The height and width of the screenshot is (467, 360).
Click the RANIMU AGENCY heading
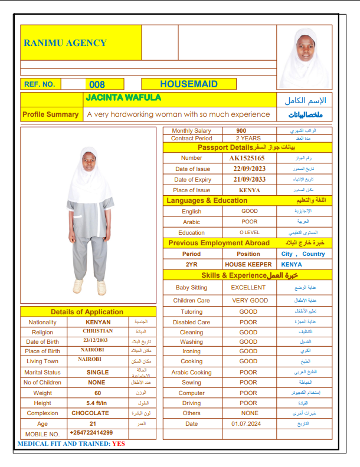65,42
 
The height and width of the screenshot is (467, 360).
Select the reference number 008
96,85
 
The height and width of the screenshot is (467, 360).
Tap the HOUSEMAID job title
188,84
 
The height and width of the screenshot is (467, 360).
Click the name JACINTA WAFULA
123,98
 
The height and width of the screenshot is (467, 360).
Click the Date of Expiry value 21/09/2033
249,179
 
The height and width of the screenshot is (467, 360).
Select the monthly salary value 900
241,131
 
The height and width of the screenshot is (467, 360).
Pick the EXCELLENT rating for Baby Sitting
248,288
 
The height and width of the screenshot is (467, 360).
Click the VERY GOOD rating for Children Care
250,300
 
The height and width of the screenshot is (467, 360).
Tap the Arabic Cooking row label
191,372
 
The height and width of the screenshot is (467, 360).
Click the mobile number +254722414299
91,433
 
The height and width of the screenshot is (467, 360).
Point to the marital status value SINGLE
97,372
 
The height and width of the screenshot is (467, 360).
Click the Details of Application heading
87,312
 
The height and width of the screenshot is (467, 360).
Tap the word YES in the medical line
119,443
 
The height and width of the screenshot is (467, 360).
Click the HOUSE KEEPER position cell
248,264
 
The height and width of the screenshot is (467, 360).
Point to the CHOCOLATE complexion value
90,413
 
